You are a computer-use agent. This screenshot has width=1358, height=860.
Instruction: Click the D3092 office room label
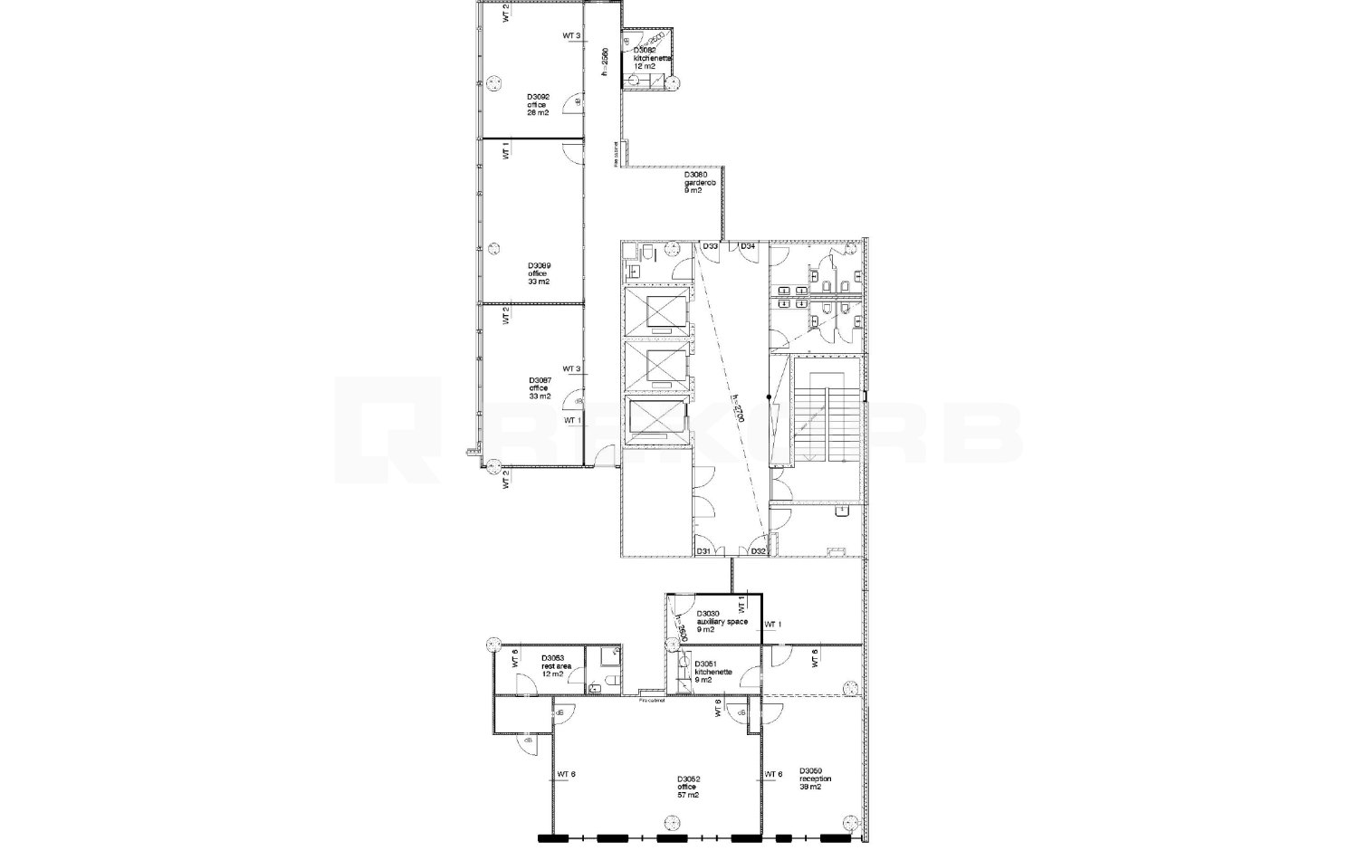coord(538,104)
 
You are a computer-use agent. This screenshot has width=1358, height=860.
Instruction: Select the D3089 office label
coord(540,273)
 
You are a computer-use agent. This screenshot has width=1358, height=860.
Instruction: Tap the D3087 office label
coord(540,388)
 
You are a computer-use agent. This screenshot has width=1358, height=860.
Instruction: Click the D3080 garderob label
coord(700,183)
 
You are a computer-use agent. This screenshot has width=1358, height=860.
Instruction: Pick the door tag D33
coord(711,246)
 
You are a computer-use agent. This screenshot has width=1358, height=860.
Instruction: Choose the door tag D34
coord(748,246)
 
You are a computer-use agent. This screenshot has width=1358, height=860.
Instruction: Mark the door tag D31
coord(703,551)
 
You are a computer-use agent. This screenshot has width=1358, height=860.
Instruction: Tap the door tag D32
coord(758,551)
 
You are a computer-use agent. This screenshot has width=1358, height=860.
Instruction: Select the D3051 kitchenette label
coord(707,673)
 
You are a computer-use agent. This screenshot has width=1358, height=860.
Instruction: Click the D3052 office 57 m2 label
coord(688,787)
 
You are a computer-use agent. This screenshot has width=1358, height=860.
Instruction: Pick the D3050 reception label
coord(815,779)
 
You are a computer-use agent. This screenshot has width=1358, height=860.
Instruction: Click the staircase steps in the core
coord(823,416)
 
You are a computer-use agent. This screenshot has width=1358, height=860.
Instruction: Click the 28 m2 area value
coord(538,113)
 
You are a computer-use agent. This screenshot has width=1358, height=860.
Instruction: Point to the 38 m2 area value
coord(810,788)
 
